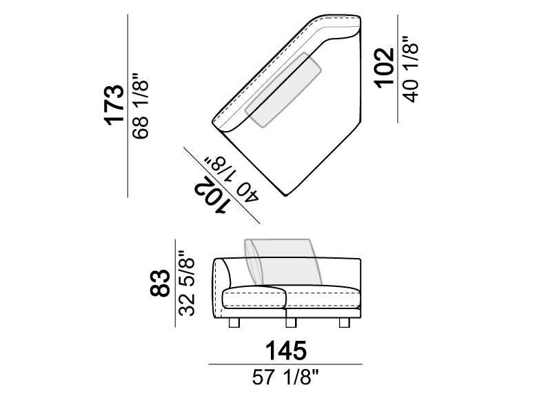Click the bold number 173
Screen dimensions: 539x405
point(114,105)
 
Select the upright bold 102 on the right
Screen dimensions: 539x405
point(385,68)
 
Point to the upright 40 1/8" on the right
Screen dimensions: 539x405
point(411,68)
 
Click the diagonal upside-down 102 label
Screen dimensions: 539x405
point(210,196)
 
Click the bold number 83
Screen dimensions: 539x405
point(160,283)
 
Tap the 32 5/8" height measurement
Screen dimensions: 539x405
point(187,283)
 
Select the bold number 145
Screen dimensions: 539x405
point(285,350)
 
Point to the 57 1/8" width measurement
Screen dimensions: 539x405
point(285,377)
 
